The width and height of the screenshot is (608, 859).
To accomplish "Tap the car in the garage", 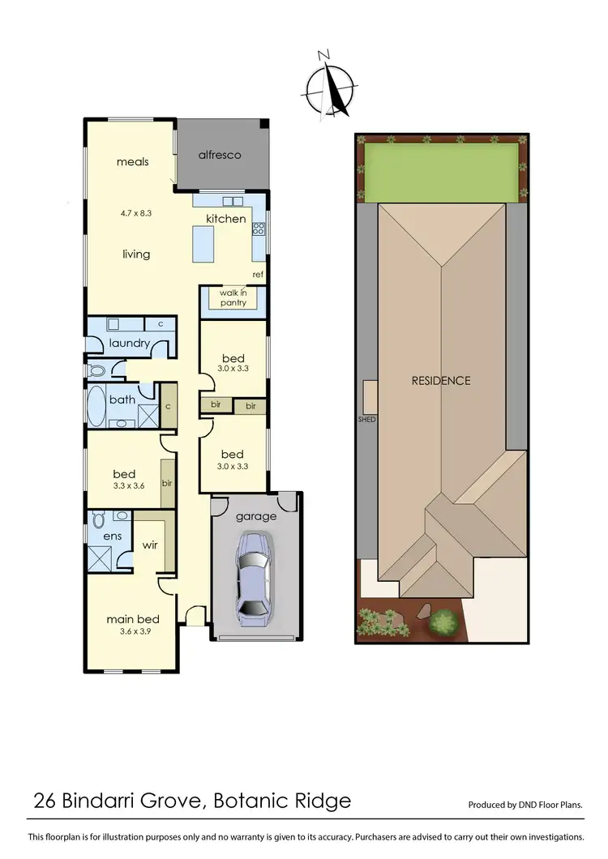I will coord(252,578).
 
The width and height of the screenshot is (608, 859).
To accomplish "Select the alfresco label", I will coord(221,155).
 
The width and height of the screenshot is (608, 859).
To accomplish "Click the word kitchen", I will coord(225,219).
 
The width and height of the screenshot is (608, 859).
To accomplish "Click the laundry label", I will coord(130,343).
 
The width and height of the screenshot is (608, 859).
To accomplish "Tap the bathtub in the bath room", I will coord(97,406).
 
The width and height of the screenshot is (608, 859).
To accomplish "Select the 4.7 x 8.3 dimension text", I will coord(135,213).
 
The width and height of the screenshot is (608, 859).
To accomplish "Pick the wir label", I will coord(149,545).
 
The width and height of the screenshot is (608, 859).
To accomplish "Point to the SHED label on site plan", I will coord(367,420).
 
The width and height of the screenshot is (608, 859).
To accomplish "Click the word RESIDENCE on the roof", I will coord(440,380).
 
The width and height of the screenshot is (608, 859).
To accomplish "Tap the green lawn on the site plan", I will coord(441,173).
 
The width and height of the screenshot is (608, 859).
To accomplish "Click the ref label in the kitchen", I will coord(258,275).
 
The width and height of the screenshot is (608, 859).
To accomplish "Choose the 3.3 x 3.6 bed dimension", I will coord(124,487).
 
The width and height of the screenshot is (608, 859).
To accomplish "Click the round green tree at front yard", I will coord(443,622).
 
